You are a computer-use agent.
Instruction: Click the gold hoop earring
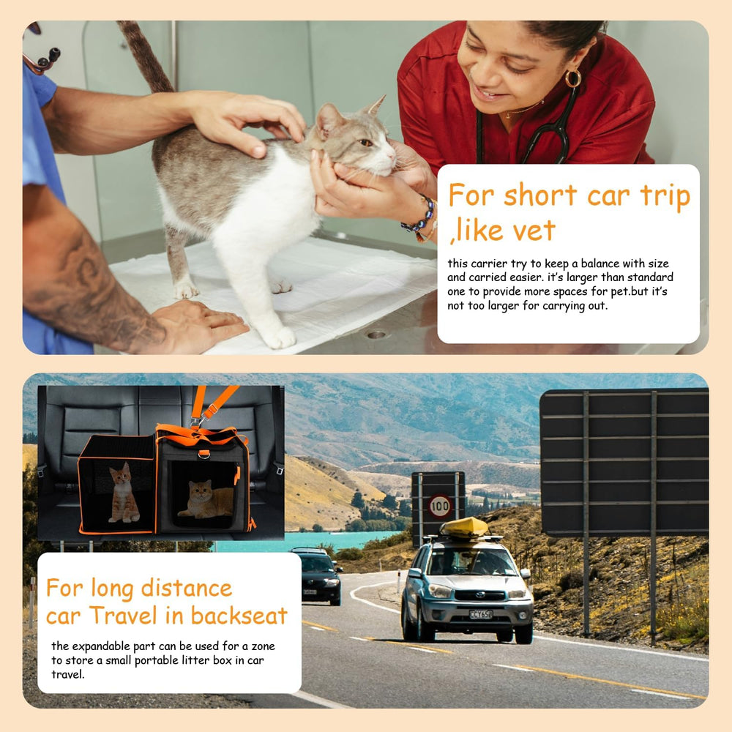pyautogui.click(x=573, y=78)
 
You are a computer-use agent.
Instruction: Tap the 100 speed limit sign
pyautogui.click(x=440, y=506)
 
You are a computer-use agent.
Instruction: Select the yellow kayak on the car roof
pyautogui.click(x=464, y=527)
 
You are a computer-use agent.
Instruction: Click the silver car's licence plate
pyautogui.click(x=480, y=614)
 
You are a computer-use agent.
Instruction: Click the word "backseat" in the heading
pyautogui.click(x=239, y=616)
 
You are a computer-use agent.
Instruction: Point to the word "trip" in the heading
pyautogui.click(x=665, y=196)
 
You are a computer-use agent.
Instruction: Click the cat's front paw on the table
pyautogui.click(x=277, y=337)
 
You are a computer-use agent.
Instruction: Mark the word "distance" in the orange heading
pyautogui.click(x=186, y=589)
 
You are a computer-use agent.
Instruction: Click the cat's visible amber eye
pyautogui.click(x=365, y=143)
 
